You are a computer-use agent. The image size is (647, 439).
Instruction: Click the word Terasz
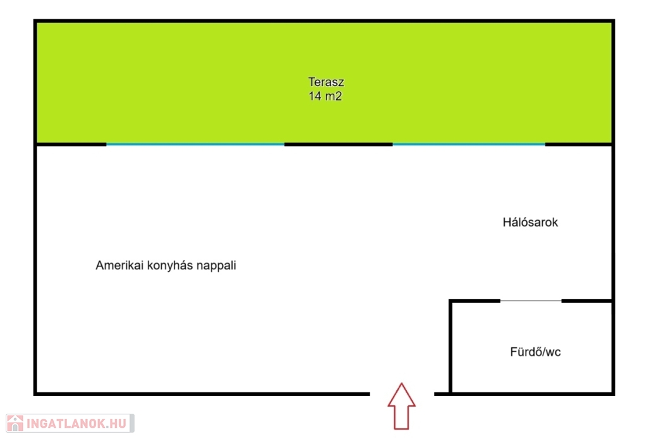pos(326,82)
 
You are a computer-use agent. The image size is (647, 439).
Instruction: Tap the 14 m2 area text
pos(325,96)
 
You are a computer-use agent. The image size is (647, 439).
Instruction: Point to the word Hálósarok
pos(530,222)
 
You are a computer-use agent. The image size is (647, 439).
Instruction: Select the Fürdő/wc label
pos(535,352)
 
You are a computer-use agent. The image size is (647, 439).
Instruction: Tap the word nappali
pos(216,266)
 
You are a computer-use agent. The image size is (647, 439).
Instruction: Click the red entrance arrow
pos(401,406)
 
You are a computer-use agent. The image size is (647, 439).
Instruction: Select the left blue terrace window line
pos(195,145)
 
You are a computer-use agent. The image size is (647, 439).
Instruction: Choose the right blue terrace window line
pos(469,145)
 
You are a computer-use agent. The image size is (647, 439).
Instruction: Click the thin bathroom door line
pos(531,301)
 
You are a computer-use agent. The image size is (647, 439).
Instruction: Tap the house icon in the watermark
pos(15,423)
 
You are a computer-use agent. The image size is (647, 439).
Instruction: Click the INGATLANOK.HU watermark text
pos(76,424)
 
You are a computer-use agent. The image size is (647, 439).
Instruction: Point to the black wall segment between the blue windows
pos(339,145)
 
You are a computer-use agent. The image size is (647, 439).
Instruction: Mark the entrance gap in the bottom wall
pos(402,394)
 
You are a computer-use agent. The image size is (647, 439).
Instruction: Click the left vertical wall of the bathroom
pos(450,347)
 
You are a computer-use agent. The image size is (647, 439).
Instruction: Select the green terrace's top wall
pos(324,21)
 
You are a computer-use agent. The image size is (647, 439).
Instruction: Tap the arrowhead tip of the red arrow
pos(401,383)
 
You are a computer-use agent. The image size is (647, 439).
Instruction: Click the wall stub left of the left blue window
pos(70,145)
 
